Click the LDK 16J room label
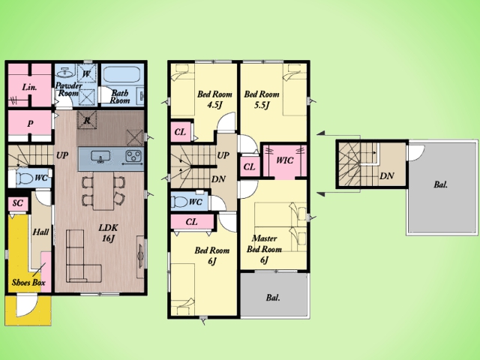pos(108,233)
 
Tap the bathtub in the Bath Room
pos(121,74)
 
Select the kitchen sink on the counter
pos(100,157)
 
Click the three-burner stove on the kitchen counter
pos(134,155)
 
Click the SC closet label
pos(18,203)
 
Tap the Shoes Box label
pos(28,282)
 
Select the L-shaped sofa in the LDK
pos(83,256)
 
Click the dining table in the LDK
pos(103,190)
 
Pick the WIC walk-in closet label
pos(284,160)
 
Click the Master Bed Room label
pos(264,249)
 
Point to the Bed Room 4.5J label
pos(214,99)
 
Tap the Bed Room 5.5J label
pos(262,99)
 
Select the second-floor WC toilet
pos(181,202)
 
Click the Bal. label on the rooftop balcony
pos(440,184)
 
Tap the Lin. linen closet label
pos(30,87)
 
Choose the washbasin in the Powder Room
pos(64,72)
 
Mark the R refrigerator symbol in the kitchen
pos(87,120)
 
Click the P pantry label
pos(30,124)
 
